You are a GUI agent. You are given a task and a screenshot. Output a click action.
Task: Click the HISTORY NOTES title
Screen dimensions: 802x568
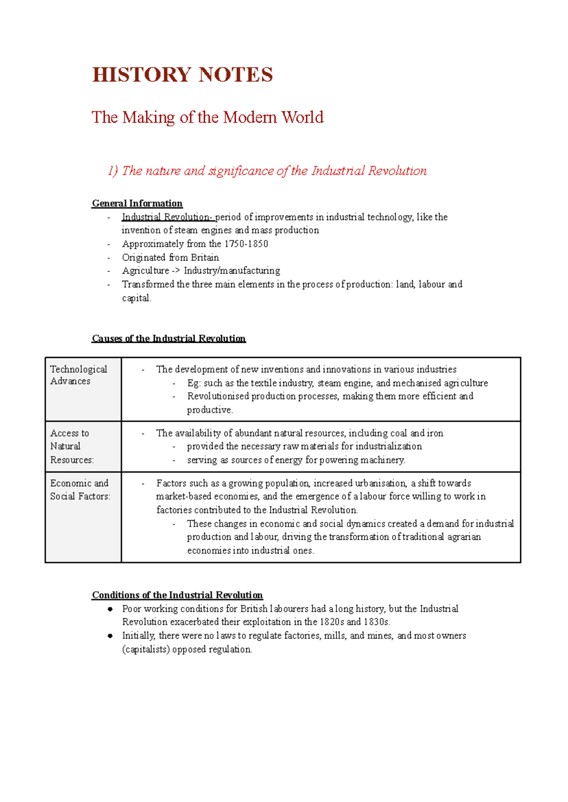click(182, 75)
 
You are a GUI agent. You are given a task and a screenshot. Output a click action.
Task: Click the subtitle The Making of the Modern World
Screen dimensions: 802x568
click(207, 117)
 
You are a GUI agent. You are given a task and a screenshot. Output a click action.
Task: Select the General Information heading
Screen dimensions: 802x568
click(137, 204)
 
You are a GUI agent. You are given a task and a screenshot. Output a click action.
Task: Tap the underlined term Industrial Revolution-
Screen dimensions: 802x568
click(168, 217)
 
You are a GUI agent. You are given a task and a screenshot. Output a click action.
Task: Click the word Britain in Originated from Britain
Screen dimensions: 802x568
click(204, 258)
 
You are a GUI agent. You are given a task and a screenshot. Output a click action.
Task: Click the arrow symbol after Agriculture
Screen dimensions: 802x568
click(176, 271)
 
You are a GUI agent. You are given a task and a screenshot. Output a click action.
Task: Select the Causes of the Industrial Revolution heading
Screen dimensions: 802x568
click(169, 339)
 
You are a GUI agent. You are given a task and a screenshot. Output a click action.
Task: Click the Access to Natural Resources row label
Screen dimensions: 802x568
click(72, 446)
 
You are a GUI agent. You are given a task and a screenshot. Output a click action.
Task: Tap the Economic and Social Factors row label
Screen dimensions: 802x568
click(80, 490)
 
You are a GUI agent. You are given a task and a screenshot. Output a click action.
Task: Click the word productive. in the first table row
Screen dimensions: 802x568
click(210, 410)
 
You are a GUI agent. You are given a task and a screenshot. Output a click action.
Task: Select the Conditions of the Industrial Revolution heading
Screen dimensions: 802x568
click(177, 595)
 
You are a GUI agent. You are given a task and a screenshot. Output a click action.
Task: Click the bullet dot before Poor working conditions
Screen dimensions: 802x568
click(110, 609)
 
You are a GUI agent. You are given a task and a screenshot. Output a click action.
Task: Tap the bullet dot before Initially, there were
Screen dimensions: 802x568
click(110, 636)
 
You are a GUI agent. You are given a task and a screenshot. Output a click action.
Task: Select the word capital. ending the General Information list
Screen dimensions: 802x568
click(136, 298)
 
